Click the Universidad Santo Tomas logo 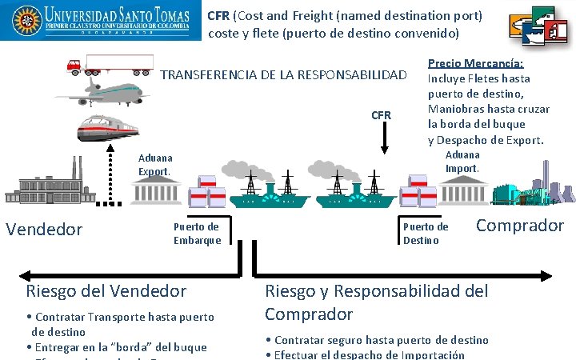coord(99,22)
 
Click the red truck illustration coord(110,64)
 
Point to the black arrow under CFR coord(384,138)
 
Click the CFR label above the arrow coord(382,115)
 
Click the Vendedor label coord(44,230)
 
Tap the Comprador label coord(520,225)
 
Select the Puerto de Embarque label coord(197,233)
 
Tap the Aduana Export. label coord(154,165)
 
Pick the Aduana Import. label coord(462,161)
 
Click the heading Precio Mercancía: coord(476,63)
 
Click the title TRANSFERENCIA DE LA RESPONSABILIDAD coord(284,76)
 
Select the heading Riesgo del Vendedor coord(106,291)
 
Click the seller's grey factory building coord(48,188)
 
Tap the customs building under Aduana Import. coord(462,191)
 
